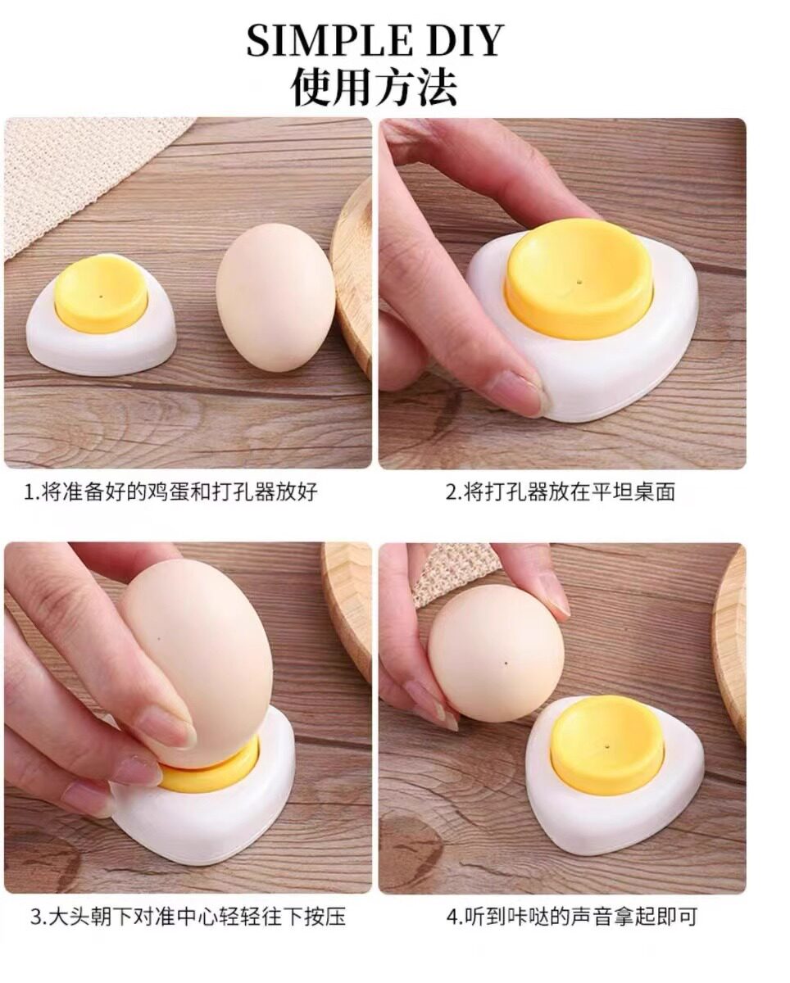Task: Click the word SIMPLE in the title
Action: pos(328,40)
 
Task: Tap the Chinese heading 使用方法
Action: pos(374,86)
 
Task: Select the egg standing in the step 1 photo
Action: pos(275,297)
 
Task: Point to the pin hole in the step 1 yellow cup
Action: pos(100,296)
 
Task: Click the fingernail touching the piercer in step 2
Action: pos(521,389)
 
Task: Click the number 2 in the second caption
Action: pos(452,492)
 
